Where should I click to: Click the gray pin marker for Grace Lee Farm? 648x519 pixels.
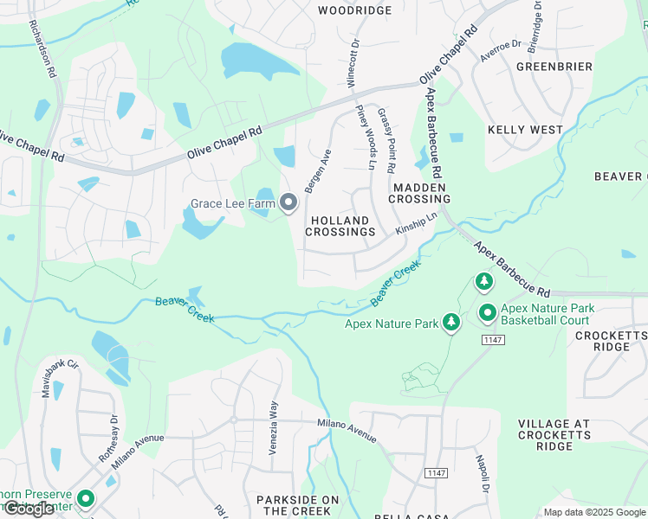[288, 203]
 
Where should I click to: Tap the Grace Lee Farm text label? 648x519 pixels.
[232, 204]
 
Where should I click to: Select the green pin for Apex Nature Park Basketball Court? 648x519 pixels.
[487, 313]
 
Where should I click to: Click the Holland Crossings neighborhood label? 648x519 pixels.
[341, 227]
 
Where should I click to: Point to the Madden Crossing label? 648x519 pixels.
[418, 193]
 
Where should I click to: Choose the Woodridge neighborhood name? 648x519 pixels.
[354, 10]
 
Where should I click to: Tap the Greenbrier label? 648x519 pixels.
[554, 67]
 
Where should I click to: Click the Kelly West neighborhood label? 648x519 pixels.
[525, 130]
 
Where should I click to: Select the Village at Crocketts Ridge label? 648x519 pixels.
[554, 435]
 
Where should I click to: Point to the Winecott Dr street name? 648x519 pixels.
[353, 61]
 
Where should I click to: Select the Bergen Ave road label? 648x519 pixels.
[318, 171]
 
